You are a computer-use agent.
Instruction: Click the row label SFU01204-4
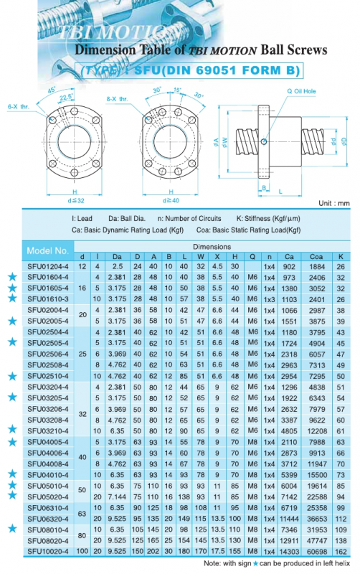click(x=49, y=266)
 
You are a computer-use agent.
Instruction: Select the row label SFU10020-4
click(x=49, y=550)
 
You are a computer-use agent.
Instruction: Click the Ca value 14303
click(x=290, y=550)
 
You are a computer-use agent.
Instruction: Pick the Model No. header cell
click(x=47, y=250)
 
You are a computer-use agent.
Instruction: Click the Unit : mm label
click(x=334, y=203)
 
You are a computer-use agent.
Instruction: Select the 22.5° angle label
click(x=70, y=99)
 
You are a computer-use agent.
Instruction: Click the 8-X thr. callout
click(x=116, y=98)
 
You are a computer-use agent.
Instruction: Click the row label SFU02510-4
click(x=49, y=375)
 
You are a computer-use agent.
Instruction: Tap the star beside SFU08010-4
click(x=11, y=528)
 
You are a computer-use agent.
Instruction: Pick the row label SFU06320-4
click(x=49, y=517)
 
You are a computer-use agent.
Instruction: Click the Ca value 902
click(x=290, y=266)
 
